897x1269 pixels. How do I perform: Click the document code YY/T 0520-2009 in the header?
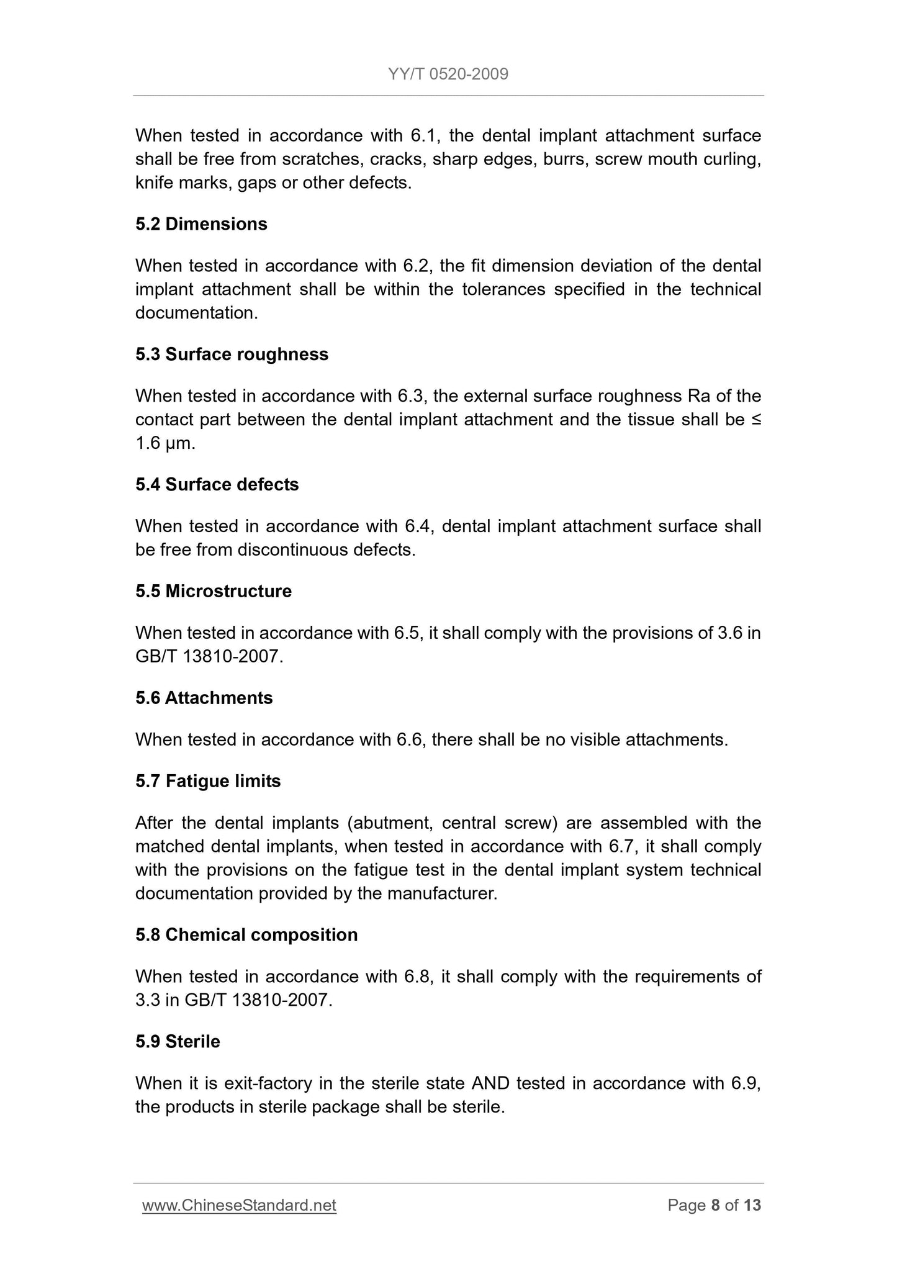coord(448,75)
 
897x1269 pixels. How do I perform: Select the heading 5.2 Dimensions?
coord(201,224)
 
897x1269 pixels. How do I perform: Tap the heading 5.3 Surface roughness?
coord(232,355)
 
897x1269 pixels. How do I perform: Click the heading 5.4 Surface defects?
coord(217,485)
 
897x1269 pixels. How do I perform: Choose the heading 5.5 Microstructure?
coord(214,591)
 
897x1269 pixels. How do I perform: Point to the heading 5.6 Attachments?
coord(204,698)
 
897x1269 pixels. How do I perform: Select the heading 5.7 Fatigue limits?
coord(208,781)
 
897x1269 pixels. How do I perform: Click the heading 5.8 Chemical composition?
coord(246,935)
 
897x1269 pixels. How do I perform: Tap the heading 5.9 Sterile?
coord(178,1041)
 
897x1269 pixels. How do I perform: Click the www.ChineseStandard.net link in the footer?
coord(239,1205)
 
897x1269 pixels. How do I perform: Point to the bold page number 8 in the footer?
coord(715,1205)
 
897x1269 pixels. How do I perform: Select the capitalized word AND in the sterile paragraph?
coord(490,1083)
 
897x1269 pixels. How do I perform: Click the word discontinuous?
coord(291,550)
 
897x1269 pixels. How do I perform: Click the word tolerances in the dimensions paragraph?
coord(503,290)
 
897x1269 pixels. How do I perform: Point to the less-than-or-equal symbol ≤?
coord(756,420)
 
